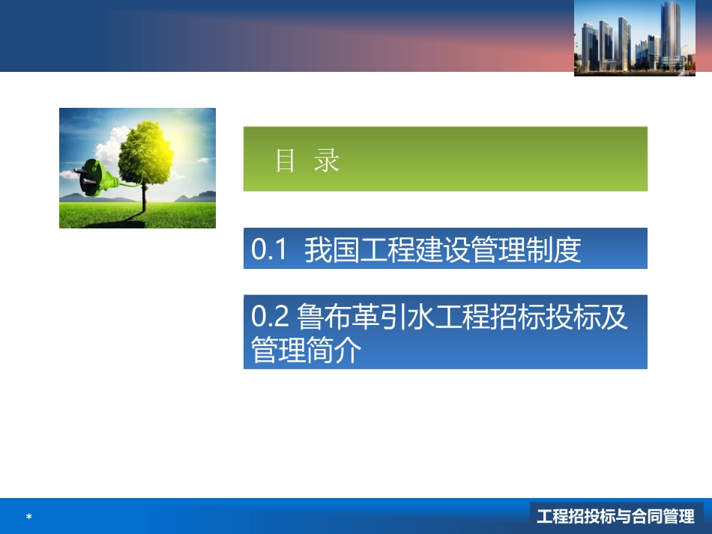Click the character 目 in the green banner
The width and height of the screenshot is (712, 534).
click(286, 160)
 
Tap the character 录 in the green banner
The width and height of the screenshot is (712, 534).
click(328, 160)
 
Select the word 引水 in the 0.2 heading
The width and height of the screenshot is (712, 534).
click(408, 317)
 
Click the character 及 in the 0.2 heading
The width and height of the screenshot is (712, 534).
click(615, 317)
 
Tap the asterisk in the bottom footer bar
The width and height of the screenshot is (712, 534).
click(28, 517)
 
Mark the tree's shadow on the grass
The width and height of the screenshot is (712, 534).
click(120, 219)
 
